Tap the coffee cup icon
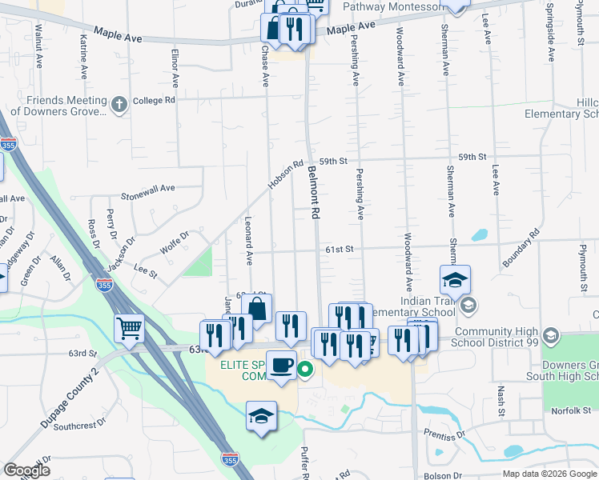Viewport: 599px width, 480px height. (x=281, y=366)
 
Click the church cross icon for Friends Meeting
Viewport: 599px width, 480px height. (x=119, y=105)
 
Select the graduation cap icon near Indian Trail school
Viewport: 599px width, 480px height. (x=455, y=280)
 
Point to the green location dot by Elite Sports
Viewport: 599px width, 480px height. (x=305, y=370)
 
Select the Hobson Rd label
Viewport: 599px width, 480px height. (x=286, y=174)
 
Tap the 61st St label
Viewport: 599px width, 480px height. (x=339, y=250)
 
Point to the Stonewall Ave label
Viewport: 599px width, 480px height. (x=147, y=188)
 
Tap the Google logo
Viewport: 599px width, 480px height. (x=26, y=471)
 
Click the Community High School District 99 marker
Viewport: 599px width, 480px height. (x=549, y=334)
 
